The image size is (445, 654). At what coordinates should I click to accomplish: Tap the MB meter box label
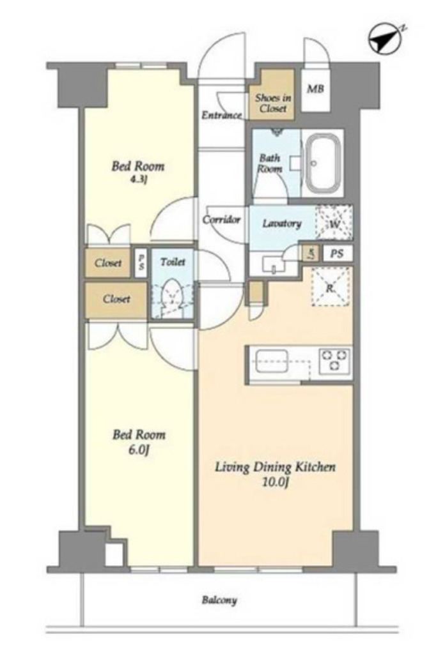[x=315, y=88]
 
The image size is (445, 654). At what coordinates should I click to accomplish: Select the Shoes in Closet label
[x=272, y=103]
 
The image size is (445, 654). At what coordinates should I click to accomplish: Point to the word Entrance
[x=222, y=115]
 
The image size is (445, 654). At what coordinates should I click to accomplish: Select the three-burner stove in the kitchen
[x=334, y=360]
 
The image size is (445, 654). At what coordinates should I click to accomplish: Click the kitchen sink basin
[x=271, y=361]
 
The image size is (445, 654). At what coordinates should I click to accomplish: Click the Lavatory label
[x=282, y=223]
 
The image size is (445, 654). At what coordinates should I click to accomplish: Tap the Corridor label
[x=221, y=220]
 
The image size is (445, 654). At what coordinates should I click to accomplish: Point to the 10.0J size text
[x=276, y=482]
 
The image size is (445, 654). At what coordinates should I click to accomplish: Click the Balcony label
[x=219, y=600]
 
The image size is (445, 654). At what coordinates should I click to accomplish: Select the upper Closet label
[x=108, y=262]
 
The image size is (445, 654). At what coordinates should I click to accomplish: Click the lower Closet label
[x=116, y=299]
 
